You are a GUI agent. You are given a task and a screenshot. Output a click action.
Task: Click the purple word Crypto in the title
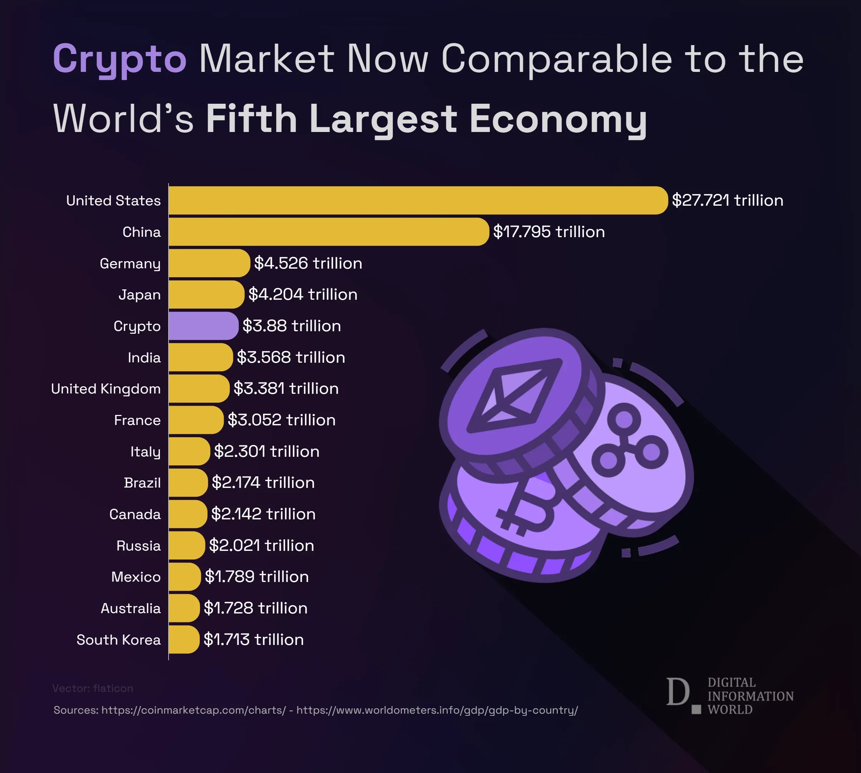tap(120, 59)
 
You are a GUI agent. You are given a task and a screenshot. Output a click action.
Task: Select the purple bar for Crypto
tap(203, 326)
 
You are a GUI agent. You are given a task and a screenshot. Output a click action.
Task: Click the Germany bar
tap(209, 263)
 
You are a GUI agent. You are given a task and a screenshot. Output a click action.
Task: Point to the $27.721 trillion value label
tap(727, 200)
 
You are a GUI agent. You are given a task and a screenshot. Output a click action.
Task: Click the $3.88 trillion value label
tap(292, 326)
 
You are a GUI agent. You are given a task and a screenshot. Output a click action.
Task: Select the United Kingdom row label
tap(106, 388)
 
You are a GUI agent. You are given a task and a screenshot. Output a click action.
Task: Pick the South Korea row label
tap(118, 640)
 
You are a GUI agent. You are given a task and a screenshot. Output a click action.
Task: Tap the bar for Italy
tap(189, 451)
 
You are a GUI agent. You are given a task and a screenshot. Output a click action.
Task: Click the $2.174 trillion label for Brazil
tap(263, 483)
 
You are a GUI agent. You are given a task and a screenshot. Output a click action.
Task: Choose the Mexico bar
tap(184, 577)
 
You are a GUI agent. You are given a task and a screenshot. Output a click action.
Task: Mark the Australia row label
tap(131, 608)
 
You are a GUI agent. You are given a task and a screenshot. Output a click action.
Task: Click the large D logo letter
tap(677, 692)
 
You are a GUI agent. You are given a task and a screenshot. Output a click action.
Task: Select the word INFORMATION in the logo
tap(750, 696)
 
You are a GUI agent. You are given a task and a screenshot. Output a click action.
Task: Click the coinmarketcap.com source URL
tap(193, 710)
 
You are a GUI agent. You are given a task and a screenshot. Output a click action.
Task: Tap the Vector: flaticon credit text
tap(93, 688)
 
